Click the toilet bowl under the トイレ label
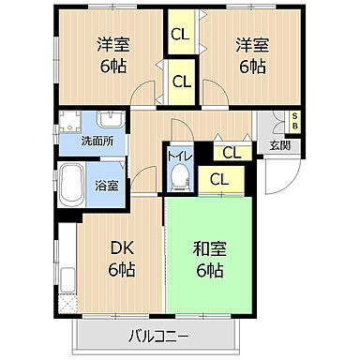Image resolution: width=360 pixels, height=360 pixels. click(182, 177)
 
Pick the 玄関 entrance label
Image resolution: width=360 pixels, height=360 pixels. click(279, 144)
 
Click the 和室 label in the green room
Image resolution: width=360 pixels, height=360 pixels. click(209, 250)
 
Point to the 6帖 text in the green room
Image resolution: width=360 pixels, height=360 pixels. click(209, 271)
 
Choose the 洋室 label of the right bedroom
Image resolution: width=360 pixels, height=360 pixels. click(247, 44)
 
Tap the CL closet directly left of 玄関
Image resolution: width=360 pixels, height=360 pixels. click(231, 152)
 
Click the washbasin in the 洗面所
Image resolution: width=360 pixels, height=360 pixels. click(104, 127)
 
